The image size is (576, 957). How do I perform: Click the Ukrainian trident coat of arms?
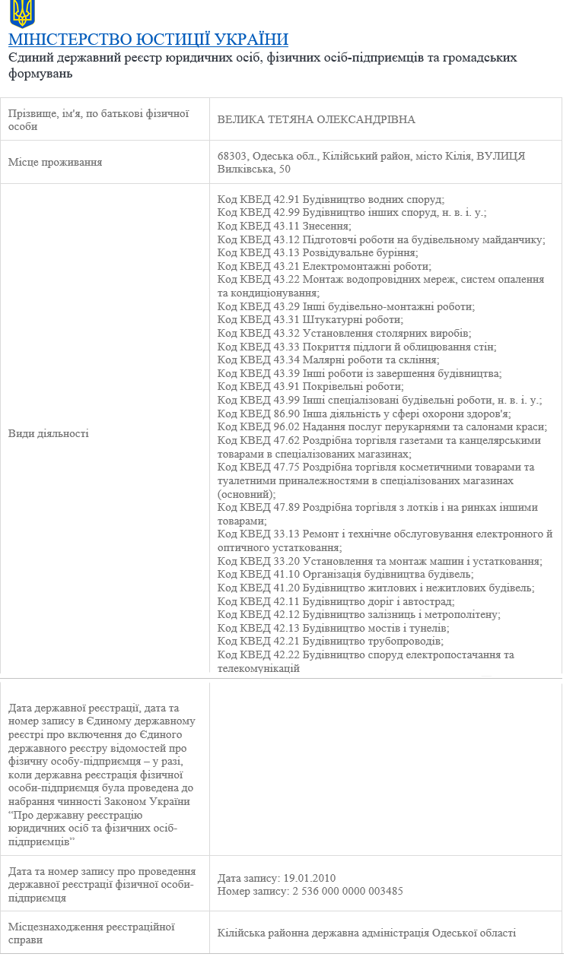pyautogui.click(x=22, y=14)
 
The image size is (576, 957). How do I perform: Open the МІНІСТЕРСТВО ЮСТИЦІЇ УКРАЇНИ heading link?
pyautogui.click(x=148, y=40)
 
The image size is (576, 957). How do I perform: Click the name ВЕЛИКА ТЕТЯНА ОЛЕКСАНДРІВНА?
pyautogui.click(x=316, y=120)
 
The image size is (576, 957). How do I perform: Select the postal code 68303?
pyautogui.click(x=231, y=156)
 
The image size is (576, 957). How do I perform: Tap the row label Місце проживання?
pyautogui.click(x=55, y=162)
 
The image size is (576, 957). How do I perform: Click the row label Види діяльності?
pyautogui.click(x=48, y=433)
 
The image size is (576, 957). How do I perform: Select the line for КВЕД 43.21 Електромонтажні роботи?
pyautogui.click(x=324, y=266)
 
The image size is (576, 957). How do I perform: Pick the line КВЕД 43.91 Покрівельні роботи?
pyautogui.click(x=310, y=387)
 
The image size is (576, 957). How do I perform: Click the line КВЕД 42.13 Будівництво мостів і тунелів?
pyautogui.click(x=333, y=628)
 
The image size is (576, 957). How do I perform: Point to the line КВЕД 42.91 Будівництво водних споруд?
pyautogui.click(x=330, y=199)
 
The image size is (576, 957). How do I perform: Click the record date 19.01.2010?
pyautogui.click(x=309, y=877)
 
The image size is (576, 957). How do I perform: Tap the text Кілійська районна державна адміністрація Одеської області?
pyautogui.click(x=366, y=933)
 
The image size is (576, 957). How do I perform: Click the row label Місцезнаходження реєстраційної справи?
pyautogui.click(x=91, y=933)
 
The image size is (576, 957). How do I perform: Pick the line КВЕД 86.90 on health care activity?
pyautogui.click(x=364, y=414)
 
